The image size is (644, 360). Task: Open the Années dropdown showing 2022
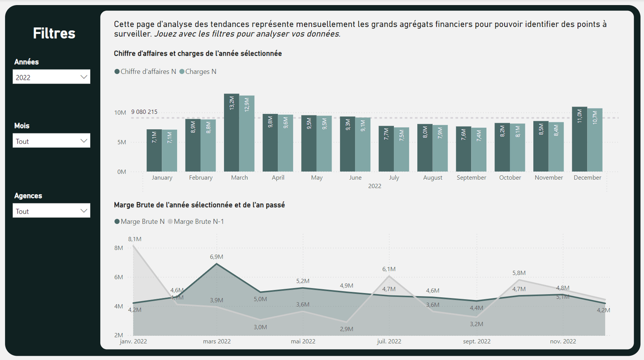(51, 77)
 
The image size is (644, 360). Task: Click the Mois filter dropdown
(51, 141)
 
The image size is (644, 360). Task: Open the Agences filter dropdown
(51, 211)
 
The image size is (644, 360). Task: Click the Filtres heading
(54, 33)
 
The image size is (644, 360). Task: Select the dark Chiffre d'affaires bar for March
(231, 133)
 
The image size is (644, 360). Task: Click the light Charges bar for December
(595, 140)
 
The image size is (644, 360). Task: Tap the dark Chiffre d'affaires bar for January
(154, 150)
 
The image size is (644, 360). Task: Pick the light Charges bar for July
(401, 149)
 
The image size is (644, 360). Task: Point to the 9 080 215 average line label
(144, 112)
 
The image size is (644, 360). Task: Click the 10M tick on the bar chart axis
(120, 113)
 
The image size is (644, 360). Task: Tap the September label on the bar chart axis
(471, 177)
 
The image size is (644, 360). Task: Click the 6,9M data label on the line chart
(216, 257)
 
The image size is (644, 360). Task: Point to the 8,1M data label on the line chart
(134, 239)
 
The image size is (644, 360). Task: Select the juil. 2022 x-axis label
(389, 342)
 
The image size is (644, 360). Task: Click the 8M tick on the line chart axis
(118, 248)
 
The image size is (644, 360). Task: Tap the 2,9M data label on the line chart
(346, 329)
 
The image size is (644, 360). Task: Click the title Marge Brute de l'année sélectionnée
(199, 205)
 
